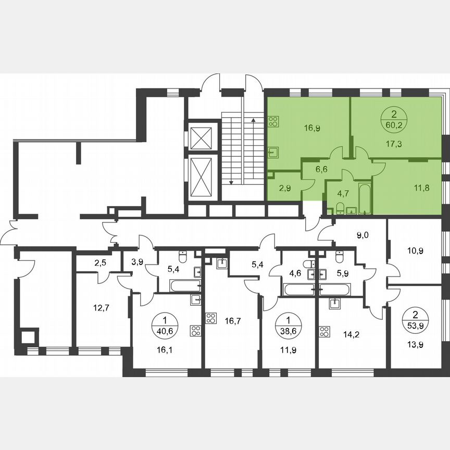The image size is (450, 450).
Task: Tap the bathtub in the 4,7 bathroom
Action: click(364, 198)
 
